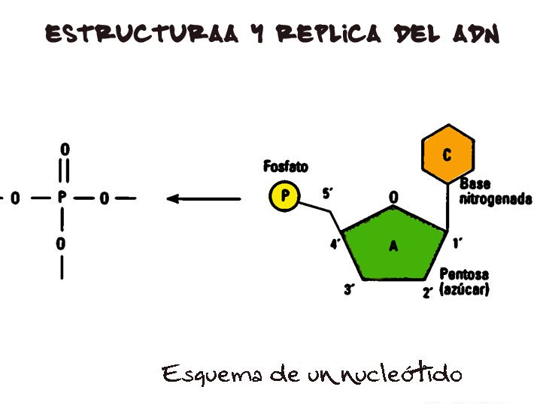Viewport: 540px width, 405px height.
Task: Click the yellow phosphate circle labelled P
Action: pos(284,197)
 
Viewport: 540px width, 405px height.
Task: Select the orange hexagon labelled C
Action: pos(447,156)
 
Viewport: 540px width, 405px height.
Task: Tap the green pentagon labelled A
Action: pos(393,245)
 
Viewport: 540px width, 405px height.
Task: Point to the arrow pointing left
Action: pos(203,199)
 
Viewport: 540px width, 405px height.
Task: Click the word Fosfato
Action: pos(286,166)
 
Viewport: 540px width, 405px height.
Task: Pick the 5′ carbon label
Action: pos(328,194)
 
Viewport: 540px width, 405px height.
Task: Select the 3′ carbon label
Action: pos(350,289)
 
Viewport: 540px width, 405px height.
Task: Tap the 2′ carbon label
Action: pos(427,292)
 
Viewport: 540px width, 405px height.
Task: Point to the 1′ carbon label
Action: pos(457,242)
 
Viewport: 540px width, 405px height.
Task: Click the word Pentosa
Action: pos(464,274)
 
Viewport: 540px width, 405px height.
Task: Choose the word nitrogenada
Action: pos(496,200)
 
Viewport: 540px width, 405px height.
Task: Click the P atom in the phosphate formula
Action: pos(62,198)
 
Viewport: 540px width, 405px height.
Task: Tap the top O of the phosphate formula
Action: pos(64,150)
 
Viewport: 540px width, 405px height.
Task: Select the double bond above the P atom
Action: pos(64,172)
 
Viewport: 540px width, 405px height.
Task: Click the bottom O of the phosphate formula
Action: pos(61,244)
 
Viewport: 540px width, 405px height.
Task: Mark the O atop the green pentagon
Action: pos(393,198)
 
